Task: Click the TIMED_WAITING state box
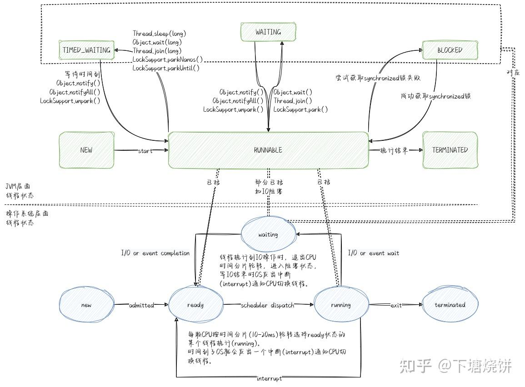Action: tap(86, 50)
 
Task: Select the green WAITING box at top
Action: tap(268, 32)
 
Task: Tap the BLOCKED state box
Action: tap(450, 50)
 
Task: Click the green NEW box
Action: tap(86, 150)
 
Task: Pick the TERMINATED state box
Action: tap(450, 150)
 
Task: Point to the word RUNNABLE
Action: tap(268, 150)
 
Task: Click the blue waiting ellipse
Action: tap(268, 235)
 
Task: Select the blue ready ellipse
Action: tap(195, 305)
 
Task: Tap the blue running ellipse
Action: tap(341, 305)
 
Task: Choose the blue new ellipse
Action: tap(86, 305)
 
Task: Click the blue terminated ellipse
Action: tap(450, 305)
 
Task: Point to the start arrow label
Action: tap(145, 151)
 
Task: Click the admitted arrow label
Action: tap(141, 305)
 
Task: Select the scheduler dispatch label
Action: tap(267, 305)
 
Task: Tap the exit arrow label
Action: tap(396, 305)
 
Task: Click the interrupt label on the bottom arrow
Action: tap(269, 378)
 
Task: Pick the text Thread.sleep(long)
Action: tap(160, 34)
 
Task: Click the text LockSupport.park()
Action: tap(300, 109)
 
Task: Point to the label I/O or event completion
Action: tap(155, 253)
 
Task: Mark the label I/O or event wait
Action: tap(373, 253)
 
